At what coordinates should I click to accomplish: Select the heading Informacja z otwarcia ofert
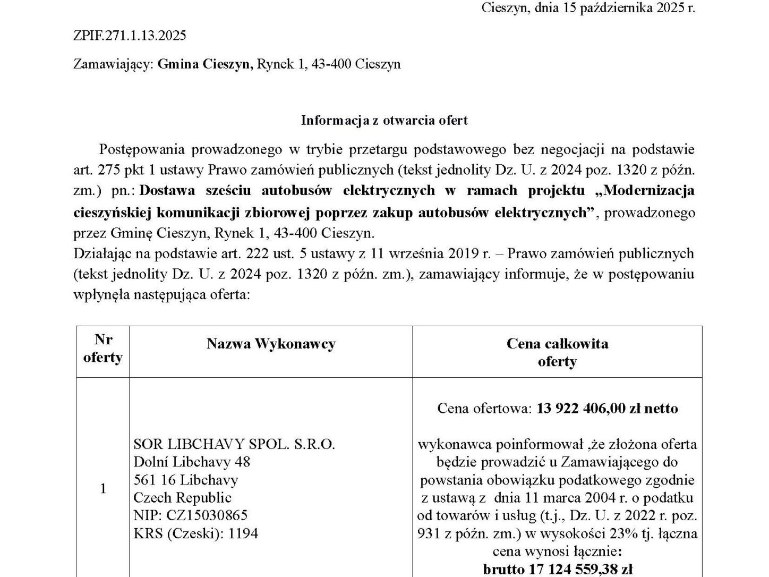coord(384,120)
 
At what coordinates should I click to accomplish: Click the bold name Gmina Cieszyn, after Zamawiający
coord(205,64)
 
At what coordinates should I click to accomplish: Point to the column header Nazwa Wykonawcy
coord(271,344)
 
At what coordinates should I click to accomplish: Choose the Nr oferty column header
coord(102,348)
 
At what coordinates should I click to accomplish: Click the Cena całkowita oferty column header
coord(557,352)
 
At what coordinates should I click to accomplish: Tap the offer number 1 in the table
coord(102,488)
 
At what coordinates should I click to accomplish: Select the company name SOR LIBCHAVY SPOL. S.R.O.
coord(234,444)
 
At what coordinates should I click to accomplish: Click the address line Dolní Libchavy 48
coord(192,462)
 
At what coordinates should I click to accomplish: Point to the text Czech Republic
coord(182,497)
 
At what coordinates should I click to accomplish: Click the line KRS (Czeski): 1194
coord(195,533)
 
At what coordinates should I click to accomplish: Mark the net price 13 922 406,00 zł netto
coord(607,408)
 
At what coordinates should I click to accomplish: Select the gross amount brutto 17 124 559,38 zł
coord(557,570)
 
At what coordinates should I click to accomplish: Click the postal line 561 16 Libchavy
coord(185,480)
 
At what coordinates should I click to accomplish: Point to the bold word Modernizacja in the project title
coord(649,190)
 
